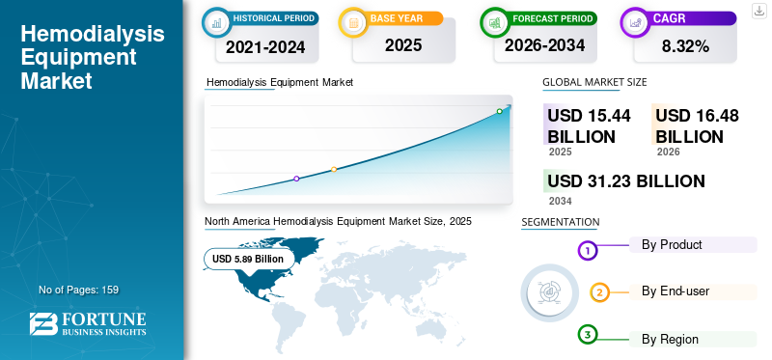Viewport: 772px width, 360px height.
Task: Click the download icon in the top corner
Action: [758, 11]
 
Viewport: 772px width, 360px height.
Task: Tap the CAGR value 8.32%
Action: [685, 46]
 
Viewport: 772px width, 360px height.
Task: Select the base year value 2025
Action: [403, 45]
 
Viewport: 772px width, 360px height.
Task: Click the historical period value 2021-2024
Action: [265, 47]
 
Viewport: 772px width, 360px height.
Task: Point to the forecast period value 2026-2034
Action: [544, 45]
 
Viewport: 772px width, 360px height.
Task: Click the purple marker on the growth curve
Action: [296, 179]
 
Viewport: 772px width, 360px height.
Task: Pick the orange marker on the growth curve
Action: [334, 170]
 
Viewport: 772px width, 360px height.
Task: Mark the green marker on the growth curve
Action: [499, 111]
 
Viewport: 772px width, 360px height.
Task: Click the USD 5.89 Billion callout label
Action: [248, 259]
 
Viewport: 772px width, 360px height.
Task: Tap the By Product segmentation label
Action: [672, 244]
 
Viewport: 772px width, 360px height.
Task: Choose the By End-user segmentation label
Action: [675, 291]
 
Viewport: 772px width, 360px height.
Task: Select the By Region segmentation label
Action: [670, 339]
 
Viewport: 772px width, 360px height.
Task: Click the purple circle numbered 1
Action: [587, 251]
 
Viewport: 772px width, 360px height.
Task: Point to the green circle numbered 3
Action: [588, 335]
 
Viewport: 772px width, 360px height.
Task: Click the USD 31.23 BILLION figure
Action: [626, 180]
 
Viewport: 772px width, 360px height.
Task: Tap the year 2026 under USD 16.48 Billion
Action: [668, 152]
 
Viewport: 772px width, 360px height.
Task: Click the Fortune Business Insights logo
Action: [88, 323]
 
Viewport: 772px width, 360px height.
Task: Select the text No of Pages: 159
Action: [79, 290]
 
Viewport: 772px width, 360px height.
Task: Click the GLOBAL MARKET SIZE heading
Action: [594, 82]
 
